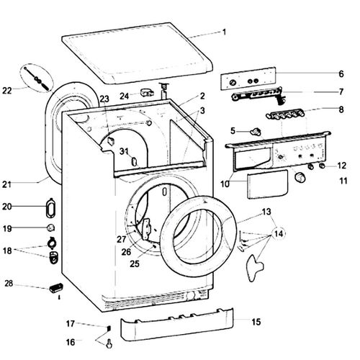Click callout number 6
[341, 73]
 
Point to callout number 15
[257, 322]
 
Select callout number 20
[7, 206]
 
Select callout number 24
[124, 96]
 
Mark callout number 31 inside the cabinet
[124, 151]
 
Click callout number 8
[341, 110]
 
